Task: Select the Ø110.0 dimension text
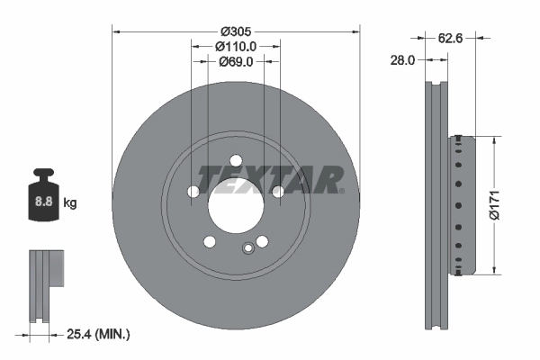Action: pos(236,46)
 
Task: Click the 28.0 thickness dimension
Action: pos(401,61)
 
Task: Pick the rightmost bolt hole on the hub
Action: pos(278,191)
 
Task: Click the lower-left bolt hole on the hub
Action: pos(210,241)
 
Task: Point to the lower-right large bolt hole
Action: pos(262,241)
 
